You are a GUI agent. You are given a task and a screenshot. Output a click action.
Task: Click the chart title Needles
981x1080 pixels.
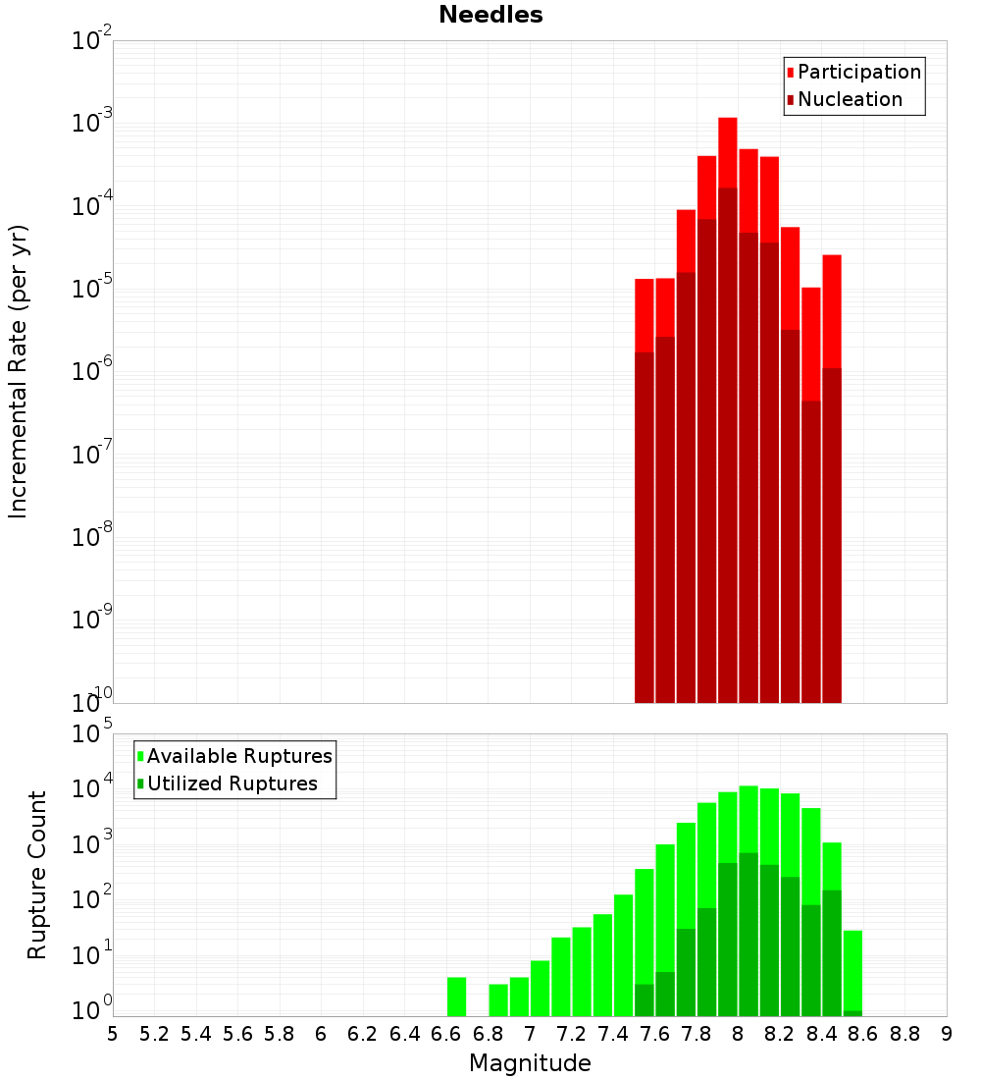click(490, 15)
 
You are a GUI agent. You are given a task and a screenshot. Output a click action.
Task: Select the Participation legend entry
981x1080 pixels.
click(859, 73)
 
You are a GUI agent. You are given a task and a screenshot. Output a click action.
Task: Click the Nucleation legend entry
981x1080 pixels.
click(850, 100)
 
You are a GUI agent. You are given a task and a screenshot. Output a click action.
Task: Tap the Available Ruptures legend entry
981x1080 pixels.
click(239, 757)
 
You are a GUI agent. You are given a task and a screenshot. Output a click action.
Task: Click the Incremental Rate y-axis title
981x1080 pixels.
click(19, 371)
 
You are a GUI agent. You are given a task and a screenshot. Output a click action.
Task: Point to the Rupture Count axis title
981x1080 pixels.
click(37, 875)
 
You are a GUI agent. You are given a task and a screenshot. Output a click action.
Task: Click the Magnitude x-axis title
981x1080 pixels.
click(530, 1063)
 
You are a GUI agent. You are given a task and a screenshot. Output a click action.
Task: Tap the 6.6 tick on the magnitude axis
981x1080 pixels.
click(446, 1034)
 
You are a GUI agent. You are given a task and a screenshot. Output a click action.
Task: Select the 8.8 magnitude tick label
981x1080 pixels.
click(904, 1034)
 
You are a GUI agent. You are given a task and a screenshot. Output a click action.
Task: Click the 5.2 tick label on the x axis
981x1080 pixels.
click(155, 1034)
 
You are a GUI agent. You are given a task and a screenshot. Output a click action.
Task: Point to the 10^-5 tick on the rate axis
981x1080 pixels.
click(93, 289)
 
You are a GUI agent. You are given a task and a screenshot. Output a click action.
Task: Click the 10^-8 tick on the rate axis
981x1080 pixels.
click(93, 537)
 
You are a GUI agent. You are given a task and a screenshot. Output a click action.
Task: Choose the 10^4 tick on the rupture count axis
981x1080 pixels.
click(93, 788)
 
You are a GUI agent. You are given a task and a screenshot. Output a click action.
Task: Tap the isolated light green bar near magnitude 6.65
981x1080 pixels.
click(456, 997)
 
